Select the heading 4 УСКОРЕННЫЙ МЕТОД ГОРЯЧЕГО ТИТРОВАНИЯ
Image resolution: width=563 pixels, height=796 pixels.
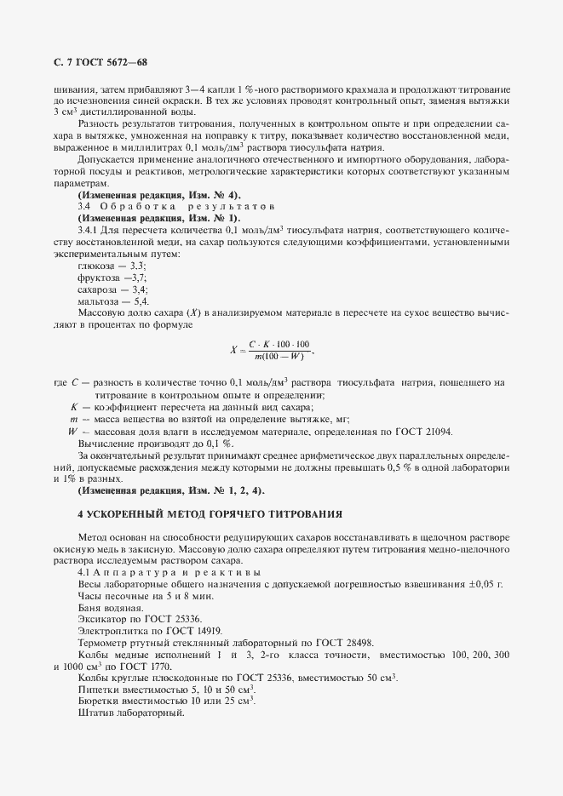(x=210, y=514)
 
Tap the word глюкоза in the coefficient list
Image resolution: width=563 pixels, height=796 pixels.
(x=98, y=267)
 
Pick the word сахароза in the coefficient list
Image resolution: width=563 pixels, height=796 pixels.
(x=101, y=290)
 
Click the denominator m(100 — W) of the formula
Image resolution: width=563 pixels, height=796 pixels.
(x=279, y=355)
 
